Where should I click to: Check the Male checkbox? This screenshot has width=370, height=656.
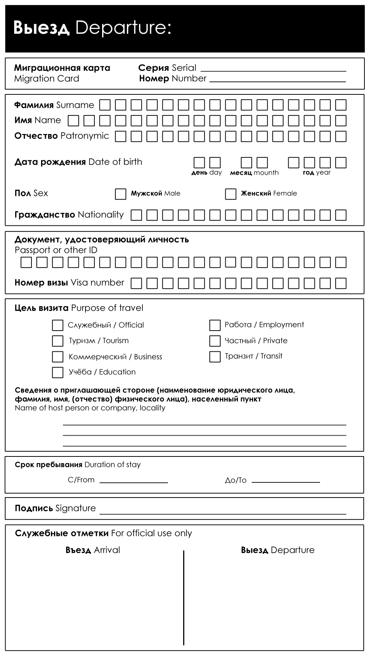(121, 194)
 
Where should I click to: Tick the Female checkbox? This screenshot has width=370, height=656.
(231, 194)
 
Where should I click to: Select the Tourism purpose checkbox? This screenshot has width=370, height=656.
(57, 341)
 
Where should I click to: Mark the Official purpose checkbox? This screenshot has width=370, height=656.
(57, 325)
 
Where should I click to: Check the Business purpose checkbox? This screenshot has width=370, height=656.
(57, 357)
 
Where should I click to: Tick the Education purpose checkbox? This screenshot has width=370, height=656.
(57, 372)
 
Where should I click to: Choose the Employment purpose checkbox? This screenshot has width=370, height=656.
(215, 325)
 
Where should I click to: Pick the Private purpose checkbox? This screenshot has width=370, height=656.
(215, 341)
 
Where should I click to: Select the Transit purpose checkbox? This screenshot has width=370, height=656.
(215, 357)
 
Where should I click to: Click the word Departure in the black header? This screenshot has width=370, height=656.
(123, 28)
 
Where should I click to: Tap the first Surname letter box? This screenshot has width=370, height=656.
(105, 105)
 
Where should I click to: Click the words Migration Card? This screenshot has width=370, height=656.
(47, 78)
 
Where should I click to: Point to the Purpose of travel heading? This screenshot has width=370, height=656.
(107, 308)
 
